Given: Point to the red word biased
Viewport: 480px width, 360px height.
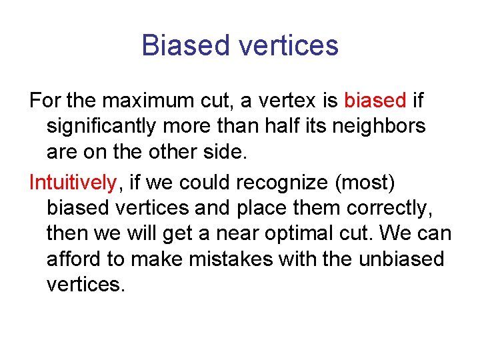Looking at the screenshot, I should tap(375, 101).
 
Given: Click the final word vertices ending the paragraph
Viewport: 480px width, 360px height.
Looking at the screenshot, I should tap(85, 285).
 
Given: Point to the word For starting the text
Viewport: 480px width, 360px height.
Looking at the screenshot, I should tap(45, 101).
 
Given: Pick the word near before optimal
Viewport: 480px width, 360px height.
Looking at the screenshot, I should tap(241, 234).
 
